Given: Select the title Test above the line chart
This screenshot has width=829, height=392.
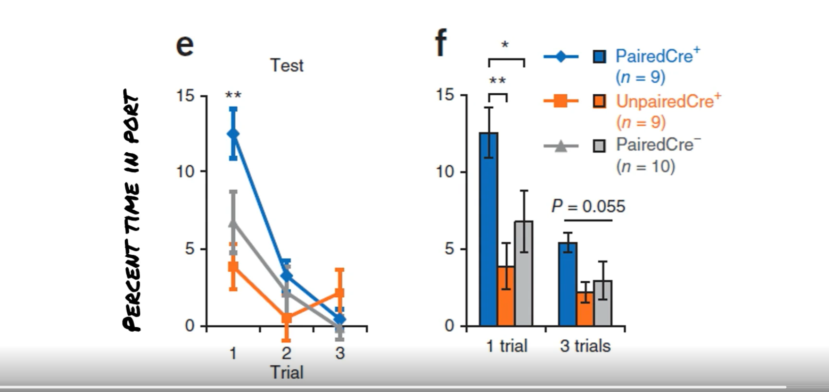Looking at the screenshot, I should [x=286, y=65].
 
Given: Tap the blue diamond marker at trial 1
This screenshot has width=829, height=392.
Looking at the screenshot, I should [x=233, y=133].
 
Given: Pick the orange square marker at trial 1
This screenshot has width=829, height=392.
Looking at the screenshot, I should [x=233, y=266].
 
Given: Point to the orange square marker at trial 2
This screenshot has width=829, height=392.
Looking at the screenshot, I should [x=286, y=318].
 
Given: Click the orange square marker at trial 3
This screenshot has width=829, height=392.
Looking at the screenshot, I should [x=340, y=292].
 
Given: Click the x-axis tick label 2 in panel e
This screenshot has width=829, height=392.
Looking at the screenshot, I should [x=286, y=353].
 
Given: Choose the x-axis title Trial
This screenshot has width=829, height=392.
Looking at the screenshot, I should [x=286, y=372].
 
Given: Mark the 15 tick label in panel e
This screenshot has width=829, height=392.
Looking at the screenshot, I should [x=185, y=96].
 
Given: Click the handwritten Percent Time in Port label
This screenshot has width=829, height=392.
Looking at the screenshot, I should [x=132, y=210].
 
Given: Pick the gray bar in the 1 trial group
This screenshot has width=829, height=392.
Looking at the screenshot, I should [x=524, y=274].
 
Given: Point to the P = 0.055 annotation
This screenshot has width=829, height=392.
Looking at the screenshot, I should [x=588, y=206].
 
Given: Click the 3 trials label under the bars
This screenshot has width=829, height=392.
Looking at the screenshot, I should [x=585, y=346].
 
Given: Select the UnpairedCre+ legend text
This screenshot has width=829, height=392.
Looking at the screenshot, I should [x=668, y=102].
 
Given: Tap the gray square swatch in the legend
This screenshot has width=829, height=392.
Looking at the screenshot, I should [x=599, y=146].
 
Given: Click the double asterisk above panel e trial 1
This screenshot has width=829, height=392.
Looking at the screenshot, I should [x=233, y=95].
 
